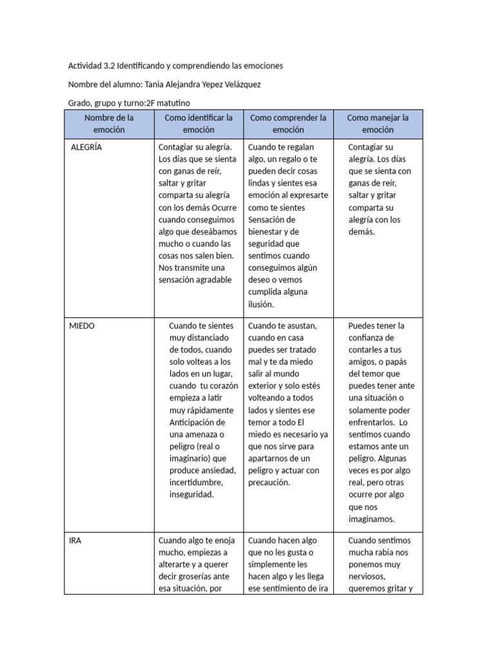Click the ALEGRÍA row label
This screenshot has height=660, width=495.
tap(86, 147)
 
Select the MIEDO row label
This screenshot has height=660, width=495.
tap(82, 325)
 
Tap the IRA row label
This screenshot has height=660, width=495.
tap(75, 540)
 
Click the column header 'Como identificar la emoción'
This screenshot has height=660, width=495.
tap(199, 124)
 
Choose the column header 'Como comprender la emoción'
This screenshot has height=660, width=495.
tap(288, 124)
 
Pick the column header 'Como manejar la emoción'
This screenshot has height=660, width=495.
tap(378, 124)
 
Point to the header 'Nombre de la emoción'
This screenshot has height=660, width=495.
tap(109, 124)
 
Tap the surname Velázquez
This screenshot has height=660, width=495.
tap(239, 84)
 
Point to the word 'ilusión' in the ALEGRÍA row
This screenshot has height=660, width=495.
tap(262, 304)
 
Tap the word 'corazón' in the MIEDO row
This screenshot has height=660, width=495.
tap(223, 386)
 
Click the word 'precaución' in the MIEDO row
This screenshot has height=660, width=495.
tap(270, 482)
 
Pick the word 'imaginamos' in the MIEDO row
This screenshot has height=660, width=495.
tap(371, 519)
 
